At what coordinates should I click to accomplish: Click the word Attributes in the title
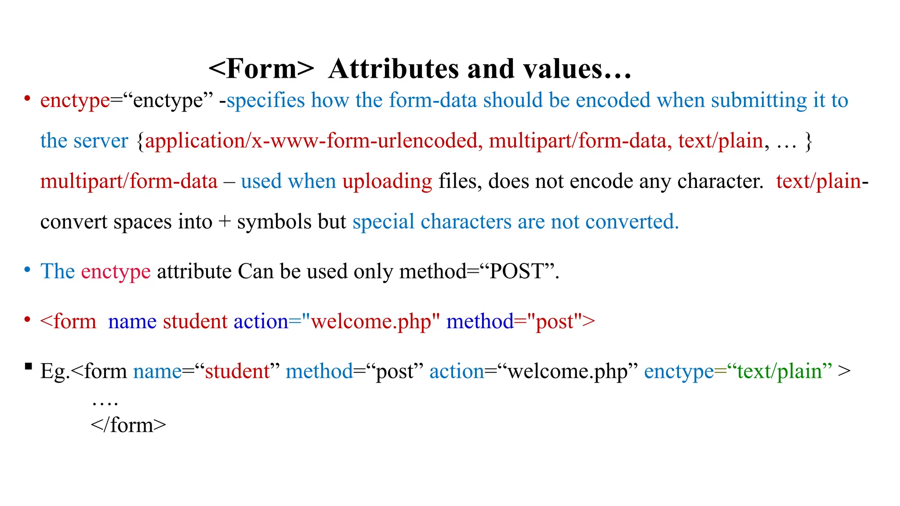(x=393, y=69)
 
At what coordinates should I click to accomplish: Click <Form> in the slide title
(x=261, y=69)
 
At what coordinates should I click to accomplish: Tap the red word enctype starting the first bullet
(x=75, y=101)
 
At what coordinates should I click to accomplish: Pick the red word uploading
(x=387, y=181)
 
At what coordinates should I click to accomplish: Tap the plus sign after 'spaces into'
(x=225, y=222)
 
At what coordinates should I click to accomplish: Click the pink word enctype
(x=116, y=271)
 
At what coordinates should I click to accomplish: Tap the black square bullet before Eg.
(x=29, y=366)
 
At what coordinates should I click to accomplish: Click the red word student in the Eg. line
(x=237, y=372)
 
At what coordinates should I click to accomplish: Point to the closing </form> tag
(x=128, y=425)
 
